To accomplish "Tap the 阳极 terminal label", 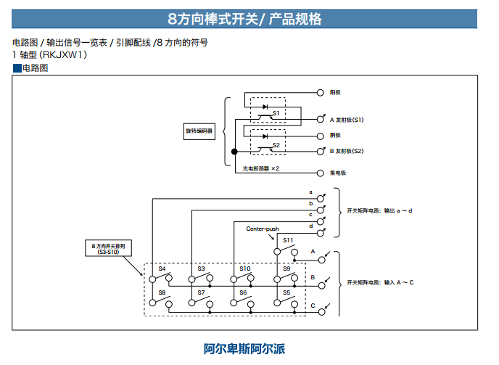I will coord(336,93).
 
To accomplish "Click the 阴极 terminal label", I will coord(336,135).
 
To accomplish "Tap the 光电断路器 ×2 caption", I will coord(261,168).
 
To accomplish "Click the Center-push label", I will coord(263,229).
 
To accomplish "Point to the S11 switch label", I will coord(288,240).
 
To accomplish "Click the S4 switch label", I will coord(162,268).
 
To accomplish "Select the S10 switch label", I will coord(245,268).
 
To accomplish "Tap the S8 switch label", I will coord(162,292).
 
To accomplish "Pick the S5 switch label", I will coord(286,292).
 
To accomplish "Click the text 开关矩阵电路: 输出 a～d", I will coord(380,210).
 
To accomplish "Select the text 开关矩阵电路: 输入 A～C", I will coord(380,282).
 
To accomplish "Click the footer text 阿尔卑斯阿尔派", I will coord(244,348).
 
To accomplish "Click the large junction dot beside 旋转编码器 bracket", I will coord(234,151).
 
